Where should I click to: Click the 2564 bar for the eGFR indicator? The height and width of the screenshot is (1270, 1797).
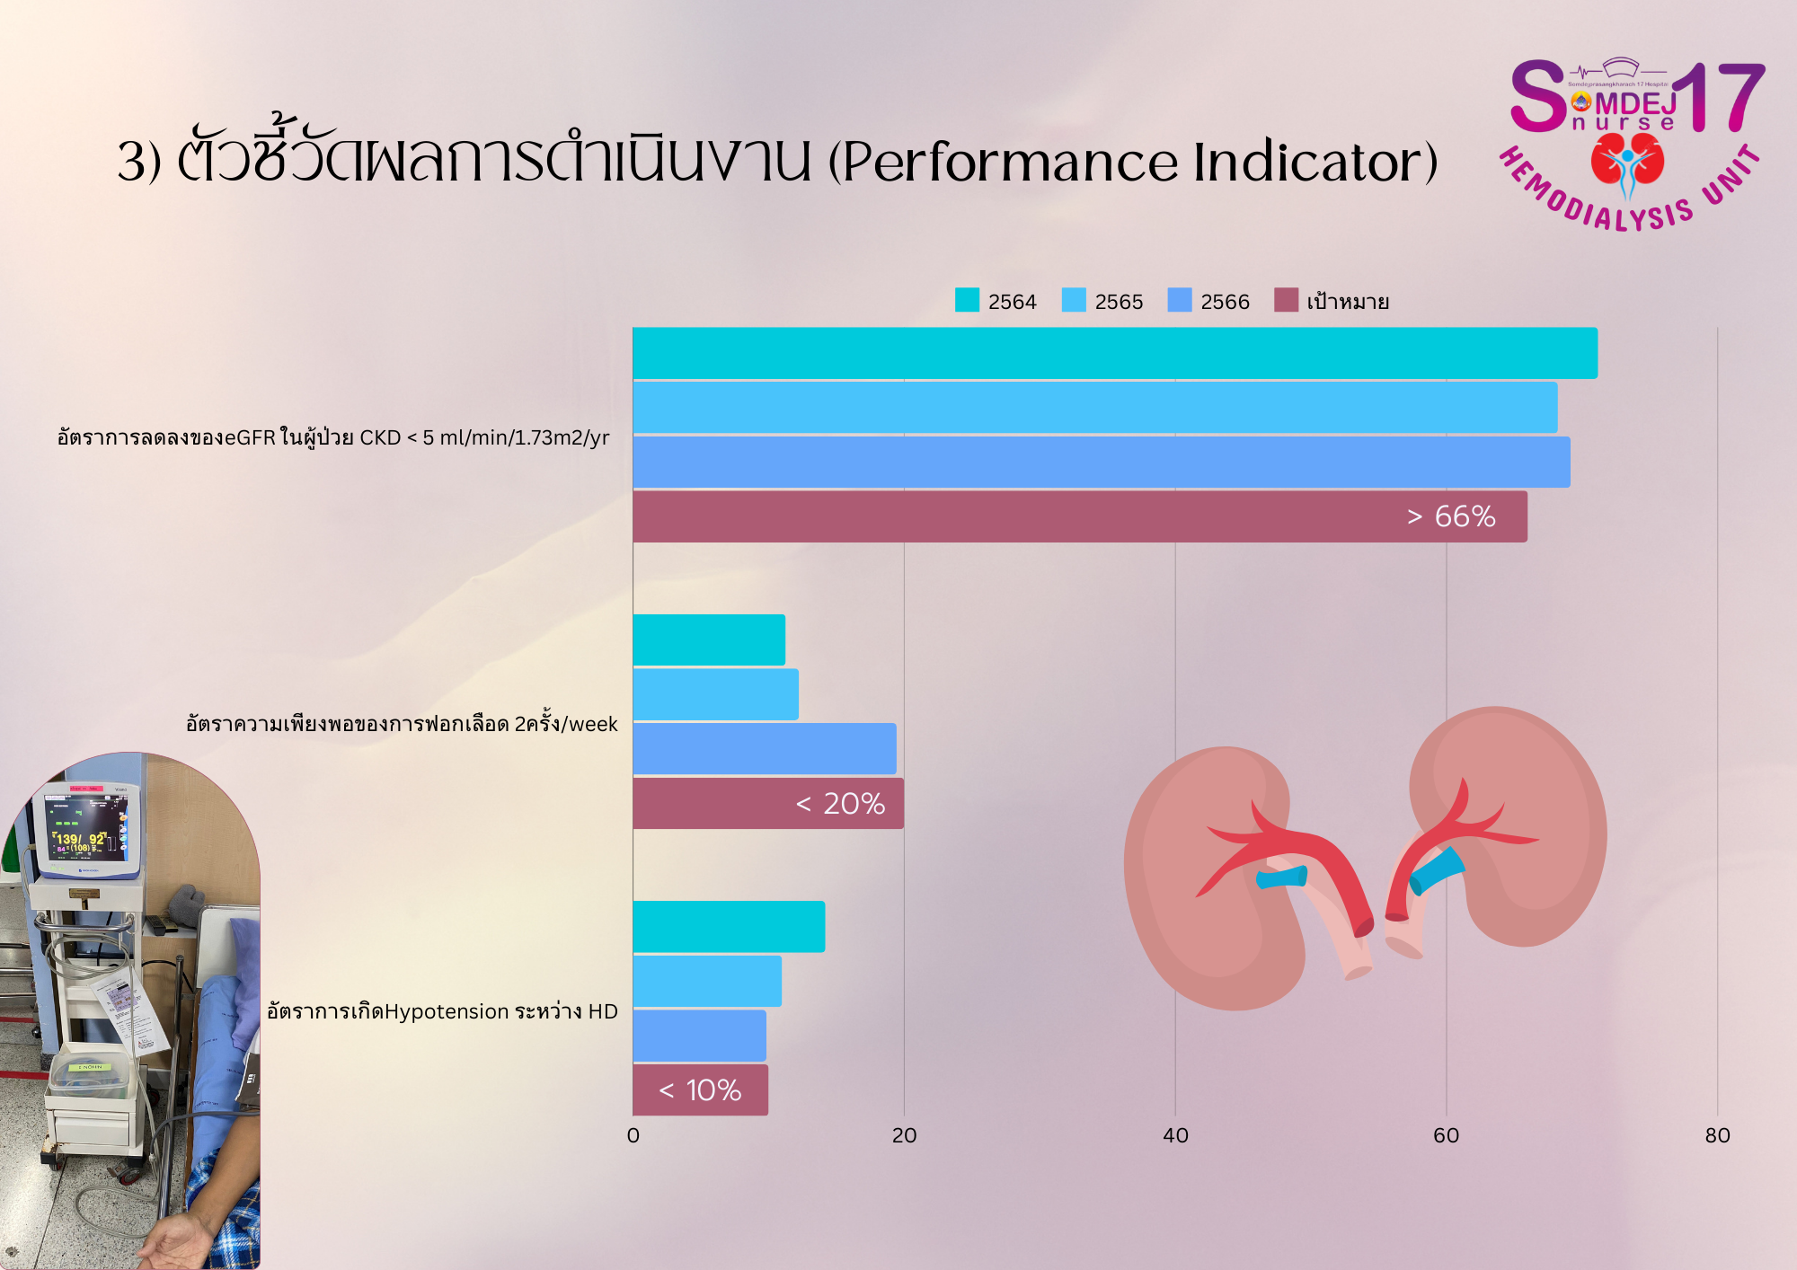(1114, 353)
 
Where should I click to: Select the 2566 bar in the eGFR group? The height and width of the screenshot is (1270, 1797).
(1101, 463)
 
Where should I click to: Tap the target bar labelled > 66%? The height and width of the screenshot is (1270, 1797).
(1078, 516)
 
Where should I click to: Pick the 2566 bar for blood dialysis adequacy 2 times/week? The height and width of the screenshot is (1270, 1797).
(764, 749)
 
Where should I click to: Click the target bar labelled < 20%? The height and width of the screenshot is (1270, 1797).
(768, 803)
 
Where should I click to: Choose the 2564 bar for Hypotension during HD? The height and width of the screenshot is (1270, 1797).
(729, 927)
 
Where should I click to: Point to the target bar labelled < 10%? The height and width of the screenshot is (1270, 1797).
(700, 1090)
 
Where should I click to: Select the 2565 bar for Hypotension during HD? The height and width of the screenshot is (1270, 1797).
(707, 982)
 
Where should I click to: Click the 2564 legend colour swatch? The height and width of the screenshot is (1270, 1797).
(967, 300)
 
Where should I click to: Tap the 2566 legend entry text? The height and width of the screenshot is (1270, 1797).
(1225, 302)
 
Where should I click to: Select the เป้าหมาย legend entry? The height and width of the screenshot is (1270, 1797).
(1347, 302)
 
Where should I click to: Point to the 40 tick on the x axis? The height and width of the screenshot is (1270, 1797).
(1175, 1135)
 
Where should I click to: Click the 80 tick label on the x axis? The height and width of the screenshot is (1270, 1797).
(1717, 1135)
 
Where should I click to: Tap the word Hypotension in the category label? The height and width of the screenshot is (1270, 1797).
(447, 1011)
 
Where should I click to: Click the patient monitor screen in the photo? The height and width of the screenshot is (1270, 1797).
(86, 828)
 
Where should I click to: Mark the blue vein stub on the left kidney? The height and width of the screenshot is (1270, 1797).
(1280, 877)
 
